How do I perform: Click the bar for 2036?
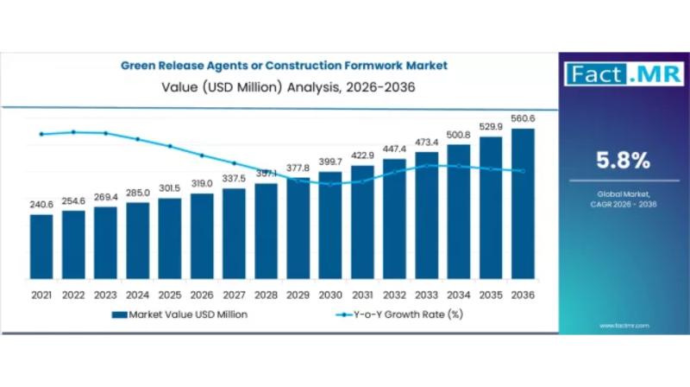pos(523,207)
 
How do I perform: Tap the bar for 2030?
pos(330,229)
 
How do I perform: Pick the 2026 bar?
pos(202,239)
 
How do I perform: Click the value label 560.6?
pos(523,119)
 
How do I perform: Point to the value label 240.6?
pos(41,204)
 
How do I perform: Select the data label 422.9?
pos(362,155)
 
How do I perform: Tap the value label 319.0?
pos(202,183)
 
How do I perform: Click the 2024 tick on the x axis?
pos(138,295)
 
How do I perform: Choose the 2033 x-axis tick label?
pos(427,295)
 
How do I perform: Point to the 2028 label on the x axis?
pos(267,295)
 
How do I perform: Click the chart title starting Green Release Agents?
pos(284,65)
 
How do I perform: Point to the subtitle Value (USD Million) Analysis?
pos(284,86)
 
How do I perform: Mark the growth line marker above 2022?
pos(73,132)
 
